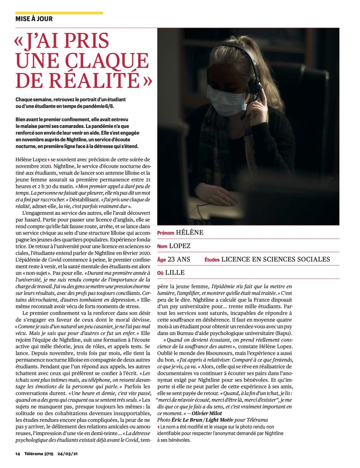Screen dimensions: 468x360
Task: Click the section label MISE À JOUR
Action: pyautogui.click(x=34, y=19)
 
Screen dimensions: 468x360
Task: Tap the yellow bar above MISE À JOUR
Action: pyautogui.click(x=59, y=13)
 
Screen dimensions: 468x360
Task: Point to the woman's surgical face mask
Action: pyautogui.click(x=227, y=100)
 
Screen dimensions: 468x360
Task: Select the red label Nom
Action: pyautogui.click(x=162, y=246)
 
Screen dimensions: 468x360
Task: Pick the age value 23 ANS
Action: pyautogui.click(x=179, y=259)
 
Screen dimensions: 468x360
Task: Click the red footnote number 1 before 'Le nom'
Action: pyautogui.click(x=158, y=427)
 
